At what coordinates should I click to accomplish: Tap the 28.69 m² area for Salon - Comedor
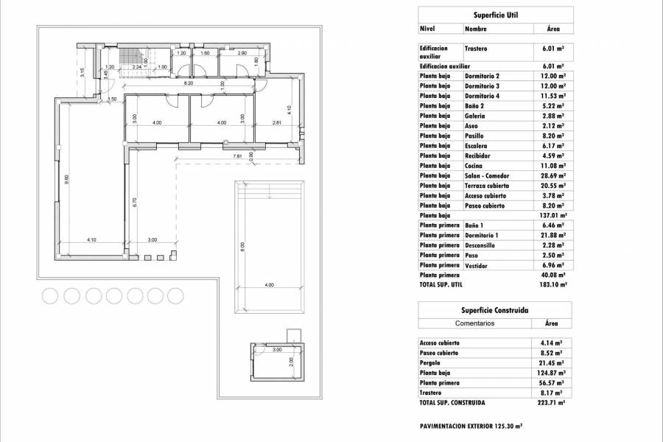[x=551, y=176]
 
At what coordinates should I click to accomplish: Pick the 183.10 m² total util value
[x=551, y=284]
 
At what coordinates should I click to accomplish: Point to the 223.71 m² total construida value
[x=551, y=403]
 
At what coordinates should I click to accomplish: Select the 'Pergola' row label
[x=431, y=363]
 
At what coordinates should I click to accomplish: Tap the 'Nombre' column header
[x=475, y=29]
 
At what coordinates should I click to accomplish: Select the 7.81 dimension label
[x=237, y=156]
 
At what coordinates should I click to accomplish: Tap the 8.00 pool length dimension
[x=242, y=248]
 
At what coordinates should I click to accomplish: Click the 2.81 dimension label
[x=276, y=122]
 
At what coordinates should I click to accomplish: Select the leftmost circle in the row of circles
[x=51, y=296]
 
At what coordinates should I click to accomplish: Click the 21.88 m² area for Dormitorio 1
[x=551, y=235]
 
